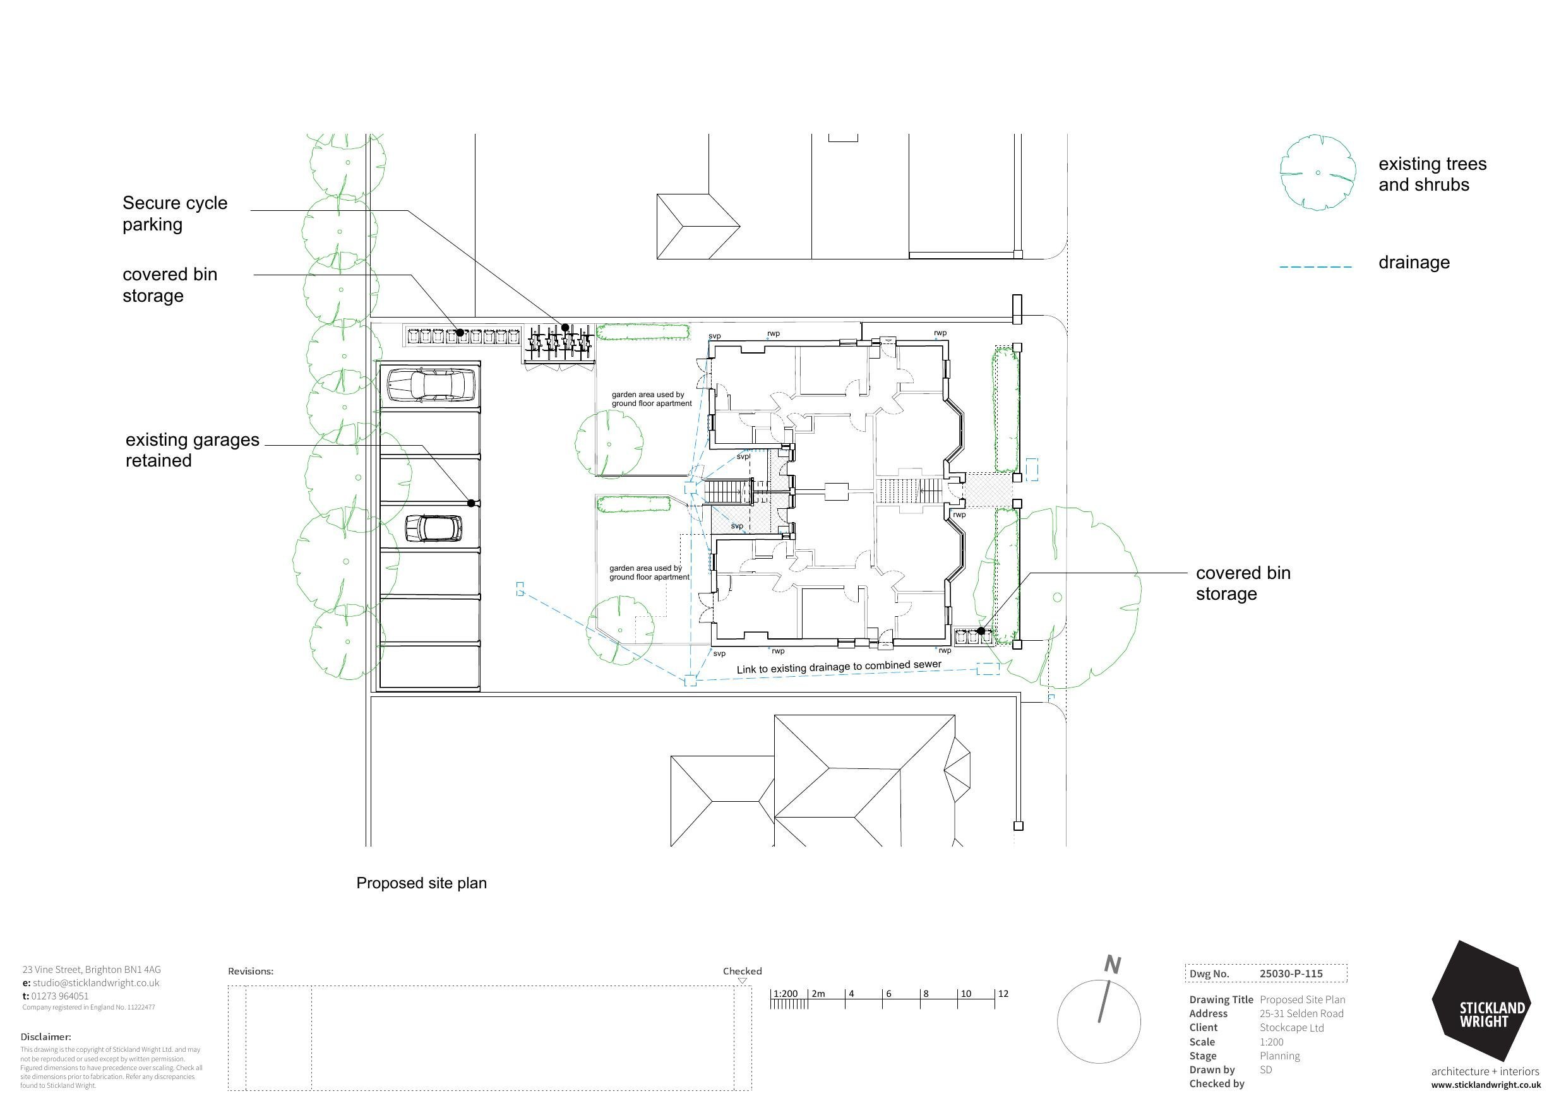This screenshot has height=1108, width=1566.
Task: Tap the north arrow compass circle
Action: (1099, 1022)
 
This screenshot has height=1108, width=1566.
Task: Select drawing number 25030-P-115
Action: (1291, 974)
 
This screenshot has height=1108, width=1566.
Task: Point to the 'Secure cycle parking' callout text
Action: (175, 213)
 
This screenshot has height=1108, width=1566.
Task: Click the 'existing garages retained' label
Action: (193, 450)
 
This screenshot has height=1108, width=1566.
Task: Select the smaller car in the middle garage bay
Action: (434, 527)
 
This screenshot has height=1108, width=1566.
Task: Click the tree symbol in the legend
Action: (1318, 172)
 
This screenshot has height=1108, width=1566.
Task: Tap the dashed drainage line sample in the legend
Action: (1315, 266)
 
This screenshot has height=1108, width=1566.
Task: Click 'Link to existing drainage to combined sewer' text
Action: (839, 667)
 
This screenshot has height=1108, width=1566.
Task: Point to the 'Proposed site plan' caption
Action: (422, 883)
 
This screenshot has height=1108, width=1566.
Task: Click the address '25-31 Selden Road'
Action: (1301, 1013)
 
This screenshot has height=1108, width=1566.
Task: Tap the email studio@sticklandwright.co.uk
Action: (96, 982)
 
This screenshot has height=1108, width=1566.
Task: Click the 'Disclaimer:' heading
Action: (45, 1037)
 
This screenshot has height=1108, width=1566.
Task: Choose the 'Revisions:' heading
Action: (251, 971)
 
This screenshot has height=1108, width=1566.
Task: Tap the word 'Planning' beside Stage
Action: (1279, 1056)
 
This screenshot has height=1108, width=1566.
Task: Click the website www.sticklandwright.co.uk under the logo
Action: (1485, 1085)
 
